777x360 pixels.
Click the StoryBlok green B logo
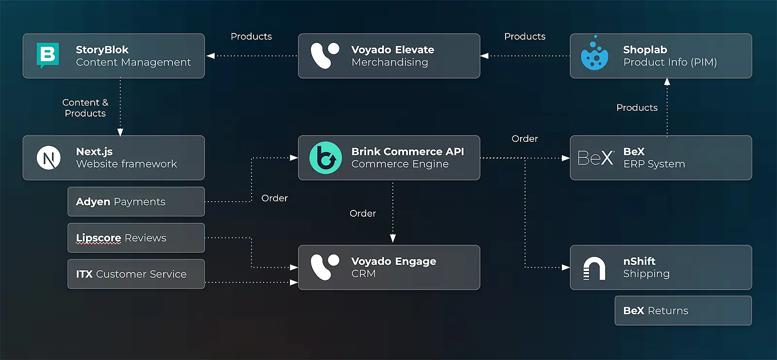[48, 55]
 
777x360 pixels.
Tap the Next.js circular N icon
[49, 158]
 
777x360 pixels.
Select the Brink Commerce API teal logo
[325, 158]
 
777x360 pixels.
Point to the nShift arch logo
[594, 268]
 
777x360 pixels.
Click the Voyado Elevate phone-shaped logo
[324, 55]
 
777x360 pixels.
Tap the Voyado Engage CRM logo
[324, 267]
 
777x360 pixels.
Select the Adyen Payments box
[136, 202]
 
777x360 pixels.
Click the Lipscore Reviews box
[136, 238]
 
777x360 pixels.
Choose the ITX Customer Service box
[136, 274]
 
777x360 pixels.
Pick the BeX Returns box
[683, 311]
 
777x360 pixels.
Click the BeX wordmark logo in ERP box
[595, 158]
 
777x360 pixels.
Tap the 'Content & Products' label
[85, 108]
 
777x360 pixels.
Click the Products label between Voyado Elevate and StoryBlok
[251, 36]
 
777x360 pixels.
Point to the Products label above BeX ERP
[637, 108]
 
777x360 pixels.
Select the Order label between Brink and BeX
[524, 139]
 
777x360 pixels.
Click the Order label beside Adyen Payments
[274, 198]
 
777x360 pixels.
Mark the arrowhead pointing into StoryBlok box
[210, 56]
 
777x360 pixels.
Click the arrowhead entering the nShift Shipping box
[566, 267]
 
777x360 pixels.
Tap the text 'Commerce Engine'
[400, 164]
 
